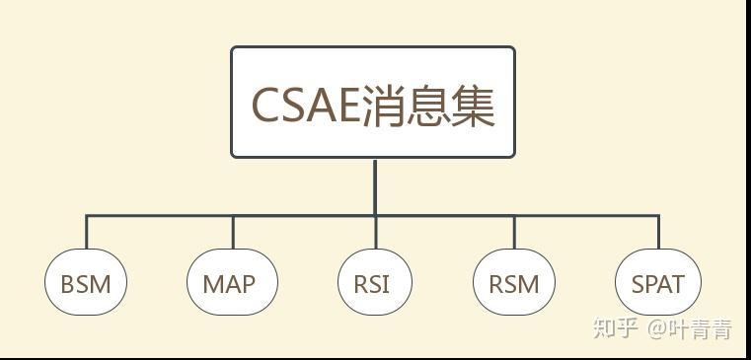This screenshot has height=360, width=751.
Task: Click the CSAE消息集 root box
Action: click(373, 102)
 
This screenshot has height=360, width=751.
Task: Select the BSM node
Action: click(86, 284)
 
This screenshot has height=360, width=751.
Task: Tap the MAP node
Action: click(231, 284)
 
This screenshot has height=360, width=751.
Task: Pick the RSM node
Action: click(514, 284)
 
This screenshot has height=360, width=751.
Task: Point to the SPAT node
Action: click(657, 284)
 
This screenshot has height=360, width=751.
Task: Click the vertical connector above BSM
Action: click(86, 232)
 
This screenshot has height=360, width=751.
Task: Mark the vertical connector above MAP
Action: click(233, 232)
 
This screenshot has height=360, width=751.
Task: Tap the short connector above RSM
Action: click(514, 232)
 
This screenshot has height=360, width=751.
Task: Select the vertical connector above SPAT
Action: click(658, 232)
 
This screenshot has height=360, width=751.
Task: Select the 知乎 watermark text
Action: click(615, 327)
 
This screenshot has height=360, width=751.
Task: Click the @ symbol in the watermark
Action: click(657, 328)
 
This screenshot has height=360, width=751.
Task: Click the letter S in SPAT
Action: click(638, 285)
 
